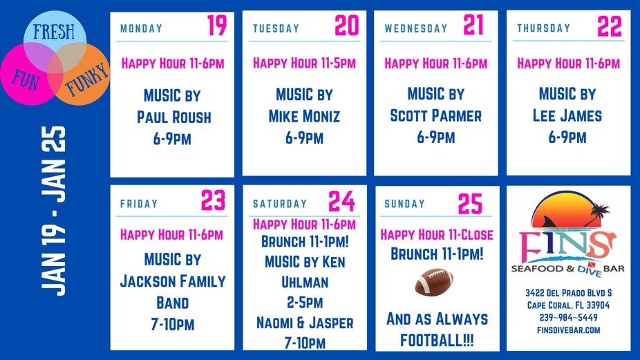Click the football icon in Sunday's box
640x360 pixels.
pos(435,282)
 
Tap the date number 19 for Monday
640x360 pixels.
pos(216,26)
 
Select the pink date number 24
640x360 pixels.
pos(341,201)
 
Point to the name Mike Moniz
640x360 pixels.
pos(304,116)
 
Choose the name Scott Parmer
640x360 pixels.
pos(435,116)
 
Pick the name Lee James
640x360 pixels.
pos(567,116)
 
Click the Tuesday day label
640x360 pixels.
pos(276,28)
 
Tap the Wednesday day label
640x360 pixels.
pos(416,28)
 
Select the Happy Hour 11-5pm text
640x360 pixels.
pos(304,64)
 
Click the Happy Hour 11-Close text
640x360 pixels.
pos(436,235)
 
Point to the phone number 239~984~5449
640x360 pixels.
pos(568,317)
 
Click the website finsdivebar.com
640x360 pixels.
pos(568,330)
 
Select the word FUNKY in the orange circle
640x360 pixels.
pos(86,78)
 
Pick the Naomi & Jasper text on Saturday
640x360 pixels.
pos(305,323)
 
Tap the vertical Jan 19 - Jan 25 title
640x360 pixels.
pos(53,210)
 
